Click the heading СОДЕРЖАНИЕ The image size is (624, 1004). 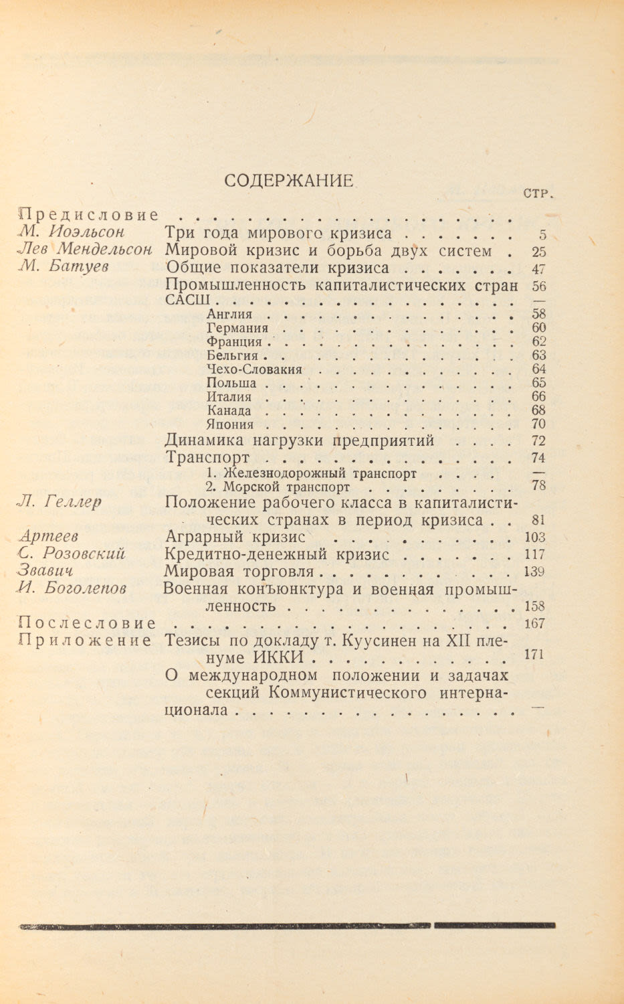point(289,181)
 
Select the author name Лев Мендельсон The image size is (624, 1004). point(86,250)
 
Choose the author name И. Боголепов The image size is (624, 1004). point(74,588)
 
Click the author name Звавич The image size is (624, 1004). point(45,571)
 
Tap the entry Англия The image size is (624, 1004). point(229,314)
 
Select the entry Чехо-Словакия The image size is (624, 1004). point(254,369)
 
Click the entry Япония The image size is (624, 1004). point(230,424)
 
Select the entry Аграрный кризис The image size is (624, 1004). point(235,537)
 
